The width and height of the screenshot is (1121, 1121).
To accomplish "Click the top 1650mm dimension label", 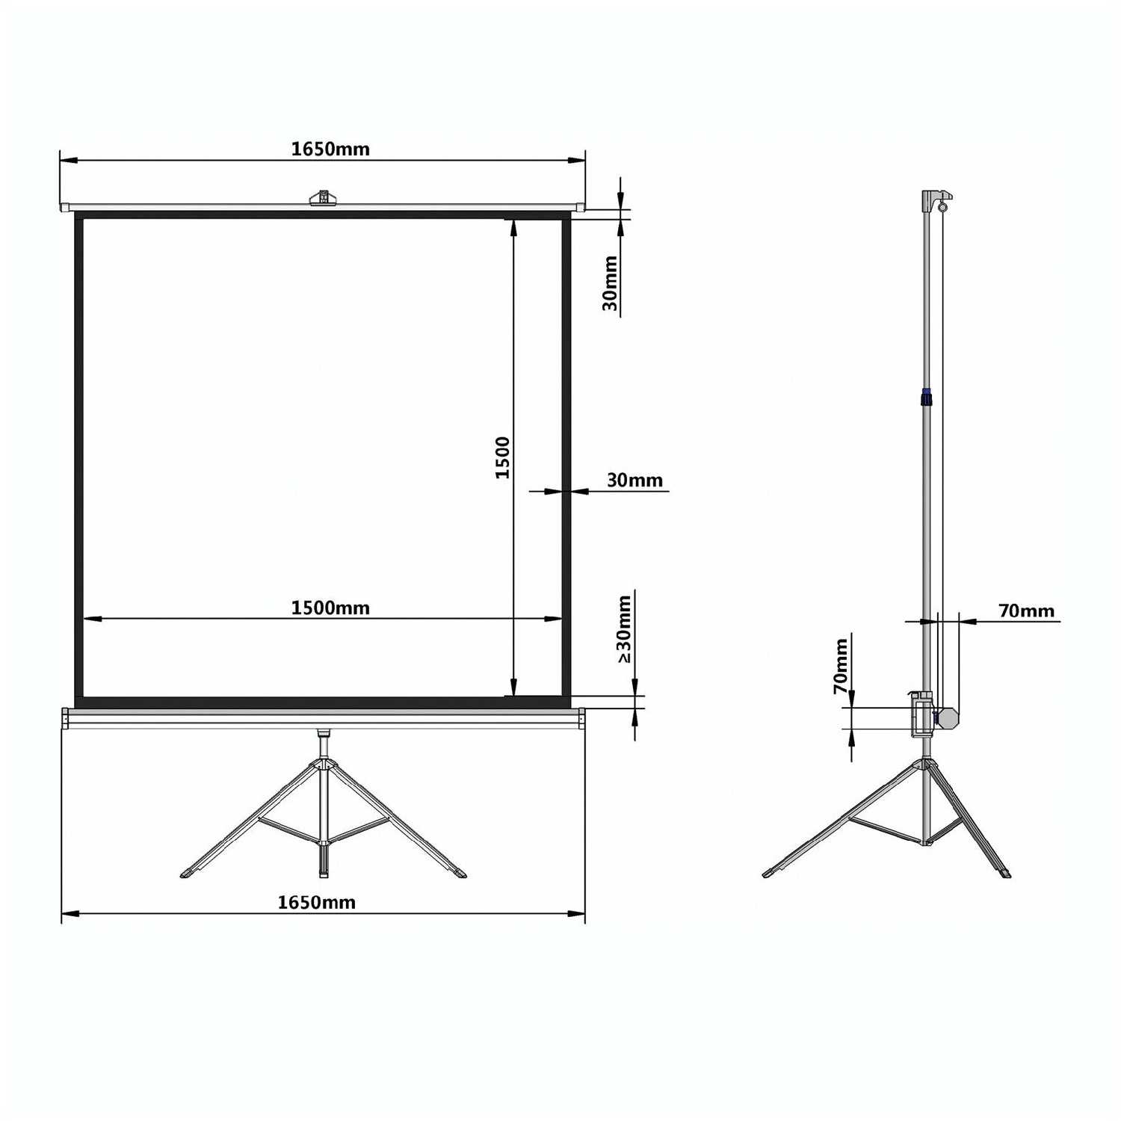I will (330, 149).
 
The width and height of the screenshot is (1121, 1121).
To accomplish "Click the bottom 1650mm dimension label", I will (316, 902).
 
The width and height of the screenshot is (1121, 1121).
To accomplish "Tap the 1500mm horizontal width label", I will (330, 608).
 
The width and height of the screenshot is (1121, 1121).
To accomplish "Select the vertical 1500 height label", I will (503, 457).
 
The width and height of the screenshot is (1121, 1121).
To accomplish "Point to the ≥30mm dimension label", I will (624, 629).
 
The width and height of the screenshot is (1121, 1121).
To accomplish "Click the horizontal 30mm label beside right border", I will (634, 480).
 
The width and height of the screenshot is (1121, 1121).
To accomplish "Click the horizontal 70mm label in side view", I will (1026, 611).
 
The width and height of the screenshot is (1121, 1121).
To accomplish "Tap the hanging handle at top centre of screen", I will (324, 197).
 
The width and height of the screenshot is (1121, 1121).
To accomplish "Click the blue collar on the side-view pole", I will (927, 397).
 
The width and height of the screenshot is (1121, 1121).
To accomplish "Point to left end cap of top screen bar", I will (65, 206).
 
